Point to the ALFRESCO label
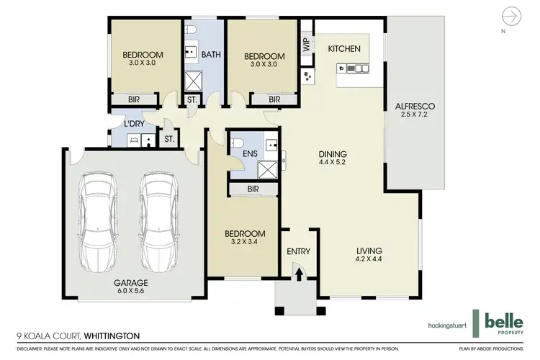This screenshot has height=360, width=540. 415,107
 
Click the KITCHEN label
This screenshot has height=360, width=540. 343,48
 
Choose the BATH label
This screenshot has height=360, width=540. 210,54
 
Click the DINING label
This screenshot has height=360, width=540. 334,153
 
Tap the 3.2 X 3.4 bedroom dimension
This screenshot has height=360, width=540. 244,243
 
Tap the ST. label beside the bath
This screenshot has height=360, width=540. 192,100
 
